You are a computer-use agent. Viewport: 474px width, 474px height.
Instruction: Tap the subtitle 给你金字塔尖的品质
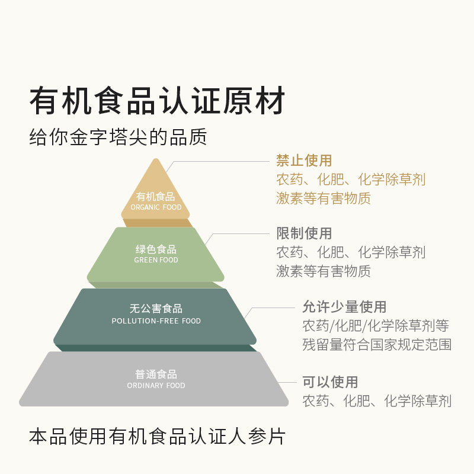click(x=118, y=137)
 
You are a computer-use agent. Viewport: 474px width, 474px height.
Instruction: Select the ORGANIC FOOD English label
click(x=156, y=207)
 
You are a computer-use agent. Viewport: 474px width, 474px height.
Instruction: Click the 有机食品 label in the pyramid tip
click(x=156, y=197)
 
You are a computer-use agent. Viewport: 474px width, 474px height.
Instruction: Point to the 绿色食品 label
click(x=156, y=249)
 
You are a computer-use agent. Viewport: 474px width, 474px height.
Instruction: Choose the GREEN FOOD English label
click(x=156, y=260)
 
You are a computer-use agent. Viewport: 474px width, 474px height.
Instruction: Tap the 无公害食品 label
click(x=156, y=309)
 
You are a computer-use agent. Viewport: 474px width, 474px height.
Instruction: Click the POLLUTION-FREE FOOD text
click(x=156, y=321)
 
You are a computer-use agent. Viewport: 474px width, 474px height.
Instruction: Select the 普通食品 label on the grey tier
click(x=156, y=374)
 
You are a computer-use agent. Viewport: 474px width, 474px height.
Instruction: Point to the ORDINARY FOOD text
click(x=156, y=386)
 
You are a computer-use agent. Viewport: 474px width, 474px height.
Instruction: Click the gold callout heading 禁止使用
click(x=304, y=161)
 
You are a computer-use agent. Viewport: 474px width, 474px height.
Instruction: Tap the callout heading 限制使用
click(x=304, y=233)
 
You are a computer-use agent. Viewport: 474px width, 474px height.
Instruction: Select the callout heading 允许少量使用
click(x=344, y=307)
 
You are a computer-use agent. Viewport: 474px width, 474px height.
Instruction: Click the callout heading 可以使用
click(x=330, y=382)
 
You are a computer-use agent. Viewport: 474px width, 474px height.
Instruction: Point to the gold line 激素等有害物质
click(x=324, y=198)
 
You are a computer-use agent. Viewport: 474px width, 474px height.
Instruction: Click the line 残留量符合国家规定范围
click(x=377, y=344)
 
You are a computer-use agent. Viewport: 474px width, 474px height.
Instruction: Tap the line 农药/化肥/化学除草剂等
click(x=376, y=326)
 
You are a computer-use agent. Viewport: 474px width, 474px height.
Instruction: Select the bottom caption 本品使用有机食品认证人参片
click(x=157, y=437)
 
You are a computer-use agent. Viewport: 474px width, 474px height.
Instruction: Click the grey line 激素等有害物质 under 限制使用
click(x=324, y=271)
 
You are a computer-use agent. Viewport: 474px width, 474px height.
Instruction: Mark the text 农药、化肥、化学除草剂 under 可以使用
click(x=377, y=401)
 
